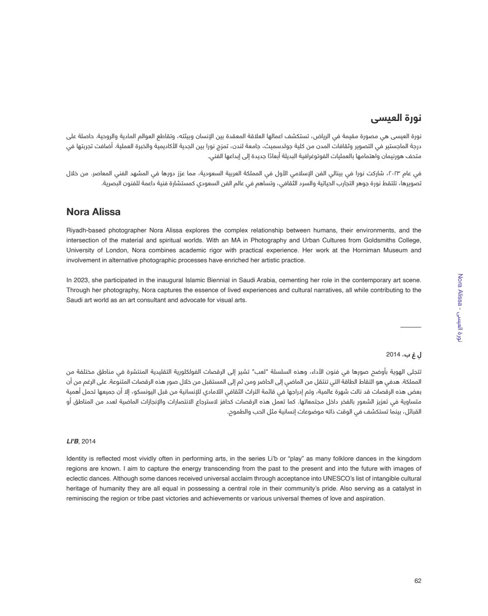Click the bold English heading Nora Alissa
(93, 212)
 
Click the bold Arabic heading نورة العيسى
(396, 119)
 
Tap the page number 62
(418, 581)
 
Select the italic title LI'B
(72, 441)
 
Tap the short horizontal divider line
(411, 327)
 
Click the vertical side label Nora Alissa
(460, 290)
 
